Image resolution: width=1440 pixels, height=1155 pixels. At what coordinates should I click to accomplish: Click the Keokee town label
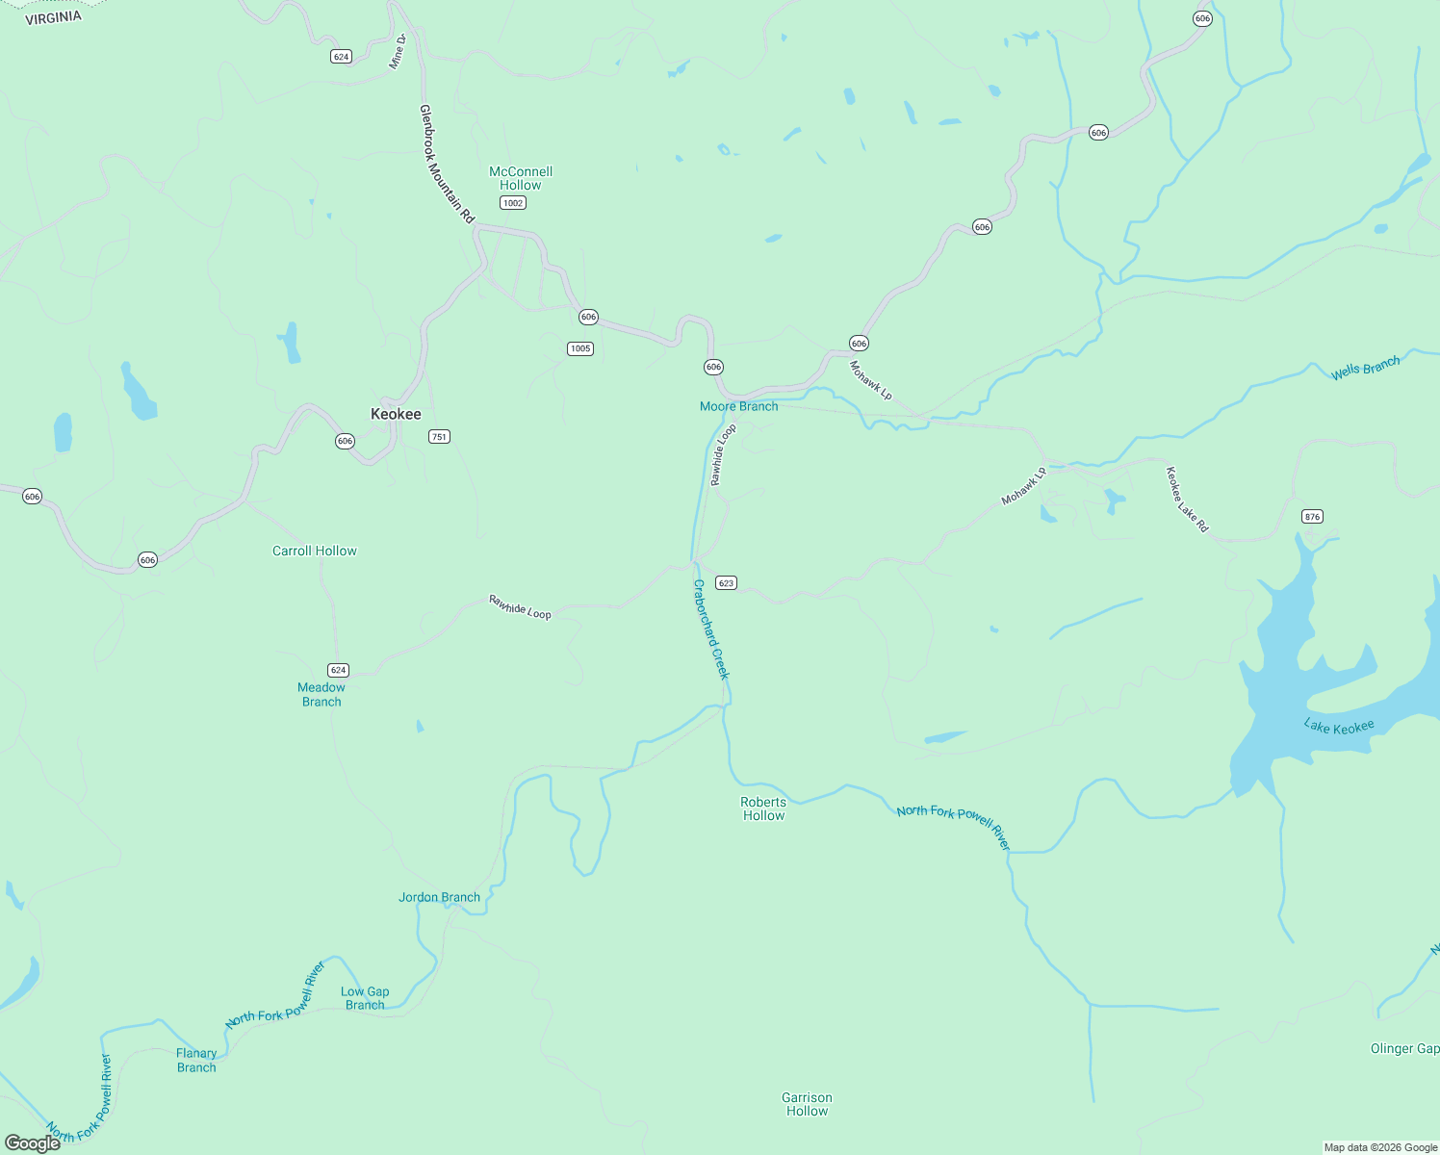pyautogui.click(x=396, y=414)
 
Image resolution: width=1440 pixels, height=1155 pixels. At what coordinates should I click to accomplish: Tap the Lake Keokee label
pyautogui.click(x=1338, y=727)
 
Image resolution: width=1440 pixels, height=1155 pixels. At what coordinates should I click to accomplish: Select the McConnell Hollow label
pyautogui.click(x=521, y=178)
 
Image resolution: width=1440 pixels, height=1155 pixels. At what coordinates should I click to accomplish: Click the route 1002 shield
pyautogui.click(x=513, y=202)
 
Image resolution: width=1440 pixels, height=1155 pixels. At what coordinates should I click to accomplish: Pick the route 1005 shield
pyautogui.click(x=579, y=348)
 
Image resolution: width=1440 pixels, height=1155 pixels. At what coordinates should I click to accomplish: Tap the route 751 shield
pyautogui.click(x=439, y=436)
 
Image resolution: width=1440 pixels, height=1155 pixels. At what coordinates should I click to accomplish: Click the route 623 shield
pyautogui.click(x=726, y=582)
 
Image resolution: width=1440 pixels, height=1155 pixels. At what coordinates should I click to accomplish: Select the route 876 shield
pyautogui.click(x=1312, y=516)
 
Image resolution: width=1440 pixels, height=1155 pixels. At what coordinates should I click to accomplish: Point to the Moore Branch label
pyautogui.click(x=738, y=406)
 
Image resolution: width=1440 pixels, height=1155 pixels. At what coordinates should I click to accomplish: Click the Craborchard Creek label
pyautogui.click(x=711, y=629)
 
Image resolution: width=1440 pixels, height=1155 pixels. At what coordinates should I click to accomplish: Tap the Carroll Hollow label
pyautogui.click(x=315, y=551)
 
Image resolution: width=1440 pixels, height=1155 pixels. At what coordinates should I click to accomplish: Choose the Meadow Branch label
pyautogui.click(x=321, y=694)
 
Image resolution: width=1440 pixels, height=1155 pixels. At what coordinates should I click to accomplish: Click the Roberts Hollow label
pyautogui.click(x=763, y=808)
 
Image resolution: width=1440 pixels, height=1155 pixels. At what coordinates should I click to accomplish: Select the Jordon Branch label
pyautogui.click(x=439, y=897)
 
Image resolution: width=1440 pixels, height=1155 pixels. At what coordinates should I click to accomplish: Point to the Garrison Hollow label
pyautogui.click(x=807, y=1104)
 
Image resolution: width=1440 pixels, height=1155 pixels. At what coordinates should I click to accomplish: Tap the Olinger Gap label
pyautogui.click(x=1404, y=1048)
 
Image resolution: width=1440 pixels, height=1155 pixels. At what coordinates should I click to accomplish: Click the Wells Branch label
pyautogui.click(x=1365, y=368)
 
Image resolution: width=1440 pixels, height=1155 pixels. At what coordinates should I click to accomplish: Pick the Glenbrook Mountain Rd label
pyautogui.click(x=447, y=165)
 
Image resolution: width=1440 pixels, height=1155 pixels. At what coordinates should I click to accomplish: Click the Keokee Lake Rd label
pyautogui.click(x=1187, y=500)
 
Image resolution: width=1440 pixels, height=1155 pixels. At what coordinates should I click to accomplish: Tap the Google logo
pyautogui.click(x=33, y=1142)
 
